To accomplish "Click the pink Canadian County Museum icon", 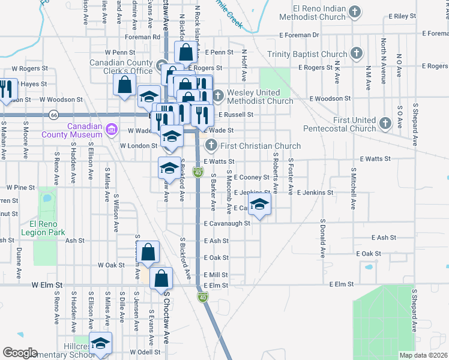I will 110,130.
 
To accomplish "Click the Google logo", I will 20,353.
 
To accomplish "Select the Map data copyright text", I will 423,355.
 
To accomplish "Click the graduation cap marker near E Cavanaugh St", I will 259,205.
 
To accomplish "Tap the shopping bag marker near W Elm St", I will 161,278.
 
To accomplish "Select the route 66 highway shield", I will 55,113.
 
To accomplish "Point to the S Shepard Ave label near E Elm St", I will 414,310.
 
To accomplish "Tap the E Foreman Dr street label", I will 435,34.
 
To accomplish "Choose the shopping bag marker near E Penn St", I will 186,53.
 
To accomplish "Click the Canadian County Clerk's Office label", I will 121,67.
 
